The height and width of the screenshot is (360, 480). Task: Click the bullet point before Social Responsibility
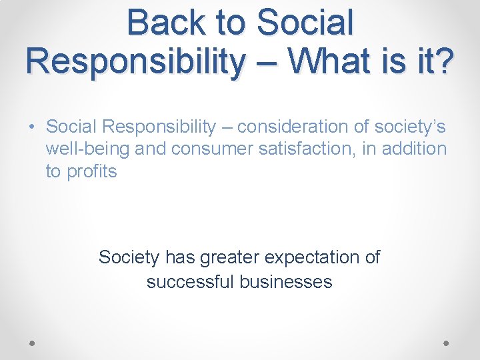coord(32,127)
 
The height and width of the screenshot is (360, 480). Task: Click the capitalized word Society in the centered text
coord(129,257)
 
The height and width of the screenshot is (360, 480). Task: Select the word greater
coord(231,257)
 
